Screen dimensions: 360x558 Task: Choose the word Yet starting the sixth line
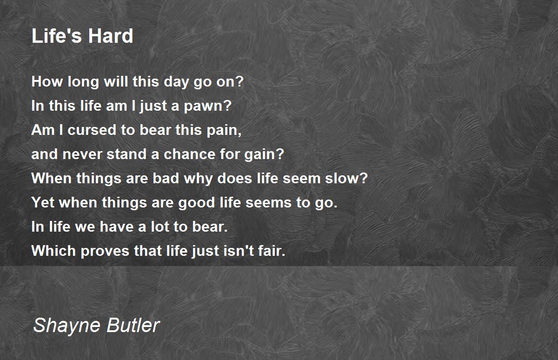[43, 202]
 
